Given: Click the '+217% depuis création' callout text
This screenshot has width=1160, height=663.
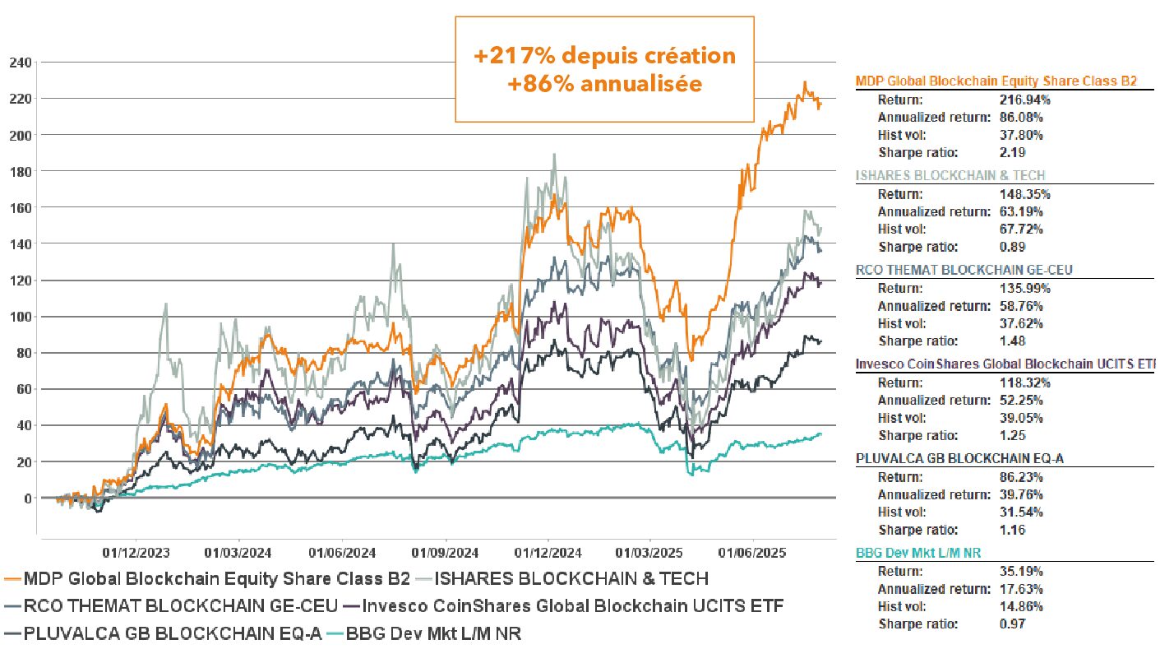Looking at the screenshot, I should click(604, 56).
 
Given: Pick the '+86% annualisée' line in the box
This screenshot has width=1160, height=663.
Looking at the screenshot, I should click(604, 83).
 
